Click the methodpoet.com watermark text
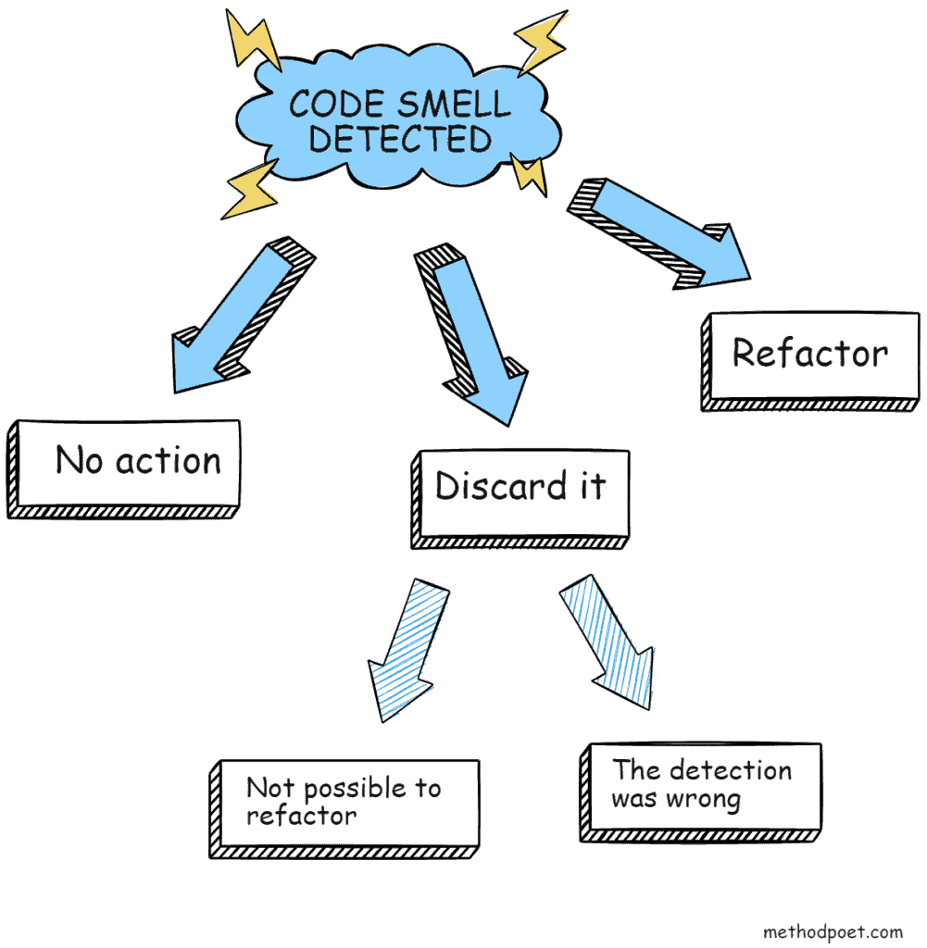(x=833, y=931)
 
